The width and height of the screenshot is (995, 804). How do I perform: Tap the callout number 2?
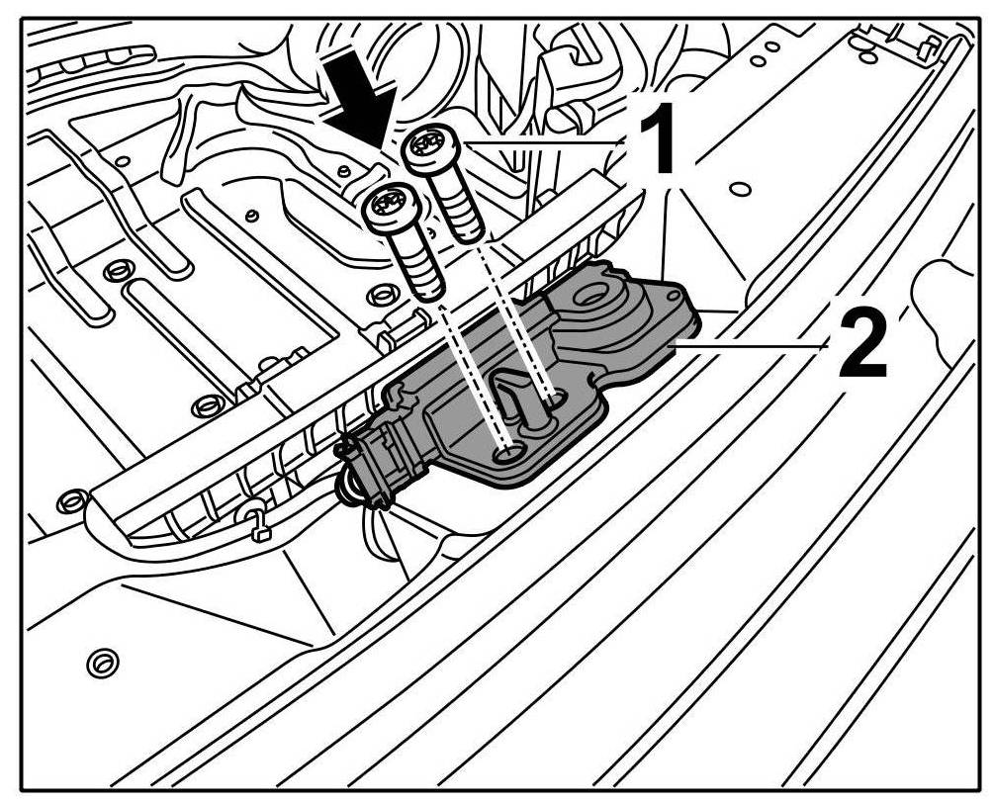[x=861, y=344]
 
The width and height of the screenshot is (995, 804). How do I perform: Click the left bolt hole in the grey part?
[x=509, y=452]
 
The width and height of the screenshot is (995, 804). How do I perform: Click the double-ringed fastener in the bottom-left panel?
[x=100, y=662]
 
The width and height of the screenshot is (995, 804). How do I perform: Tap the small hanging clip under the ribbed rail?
[x=254, y=525]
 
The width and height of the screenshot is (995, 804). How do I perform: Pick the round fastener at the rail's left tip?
[x=70, y=500]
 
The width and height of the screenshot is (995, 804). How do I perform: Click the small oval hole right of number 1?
[x=737, y=188]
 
